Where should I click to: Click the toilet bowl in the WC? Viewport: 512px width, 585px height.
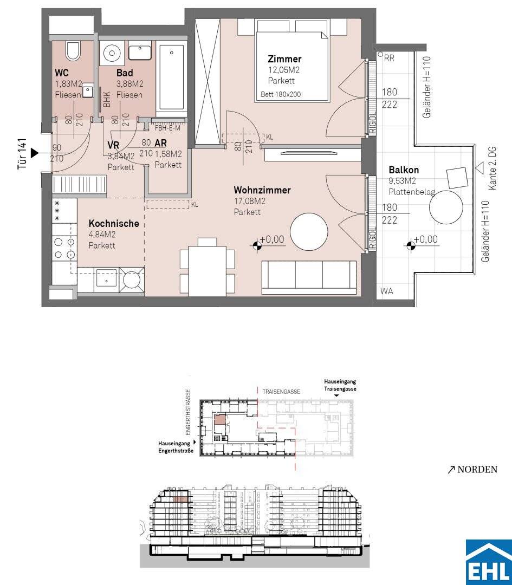click(x=73, y=51)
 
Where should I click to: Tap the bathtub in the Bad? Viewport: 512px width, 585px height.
click(x=172, y=77)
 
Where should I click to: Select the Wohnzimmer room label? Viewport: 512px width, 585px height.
click(x=262, y=190)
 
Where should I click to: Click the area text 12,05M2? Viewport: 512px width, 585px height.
click(x=283, y=70)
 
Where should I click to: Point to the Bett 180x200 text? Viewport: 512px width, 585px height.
click(x=281, y=94)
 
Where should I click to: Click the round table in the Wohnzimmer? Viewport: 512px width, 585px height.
click(x=309, y=232)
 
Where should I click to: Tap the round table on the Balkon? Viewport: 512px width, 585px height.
click(x=446, y=207)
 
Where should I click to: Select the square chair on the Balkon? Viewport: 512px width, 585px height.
click(x=457, y=178)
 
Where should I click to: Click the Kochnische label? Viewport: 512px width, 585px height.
click(x=114, y=224)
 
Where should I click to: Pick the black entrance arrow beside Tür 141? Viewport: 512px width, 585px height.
click(x=35, y=153)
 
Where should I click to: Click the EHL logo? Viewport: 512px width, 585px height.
click(x=489, y=562)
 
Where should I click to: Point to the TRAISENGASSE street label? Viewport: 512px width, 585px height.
click(x=281, y=392)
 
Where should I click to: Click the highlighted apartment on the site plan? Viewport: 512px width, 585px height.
click(x=219, y=420)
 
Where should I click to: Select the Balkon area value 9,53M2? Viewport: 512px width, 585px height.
click(x=402, y=181)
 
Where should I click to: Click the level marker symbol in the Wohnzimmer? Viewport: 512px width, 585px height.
click(x=256, y=245)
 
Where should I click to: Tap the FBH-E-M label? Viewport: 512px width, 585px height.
click(x=167, y=128)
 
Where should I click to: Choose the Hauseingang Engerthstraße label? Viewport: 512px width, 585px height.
click(x=176, y=447)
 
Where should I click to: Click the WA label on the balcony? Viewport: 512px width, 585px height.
click(x=387, y=291)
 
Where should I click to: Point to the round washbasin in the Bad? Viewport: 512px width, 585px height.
click(x=111, y=52)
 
